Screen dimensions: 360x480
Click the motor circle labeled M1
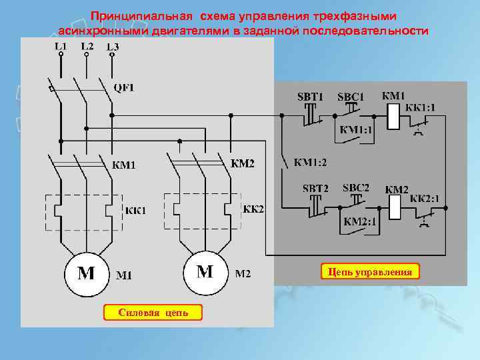87,273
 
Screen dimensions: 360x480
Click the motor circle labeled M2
205,272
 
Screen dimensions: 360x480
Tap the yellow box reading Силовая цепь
153,312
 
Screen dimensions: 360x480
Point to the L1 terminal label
61,47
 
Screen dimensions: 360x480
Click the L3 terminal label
113,47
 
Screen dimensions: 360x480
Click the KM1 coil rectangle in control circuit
393,117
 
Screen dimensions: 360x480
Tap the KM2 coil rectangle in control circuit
393,208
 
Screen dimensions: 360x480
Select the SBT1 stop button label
310,97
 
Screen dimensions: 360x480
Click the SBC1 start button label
351,97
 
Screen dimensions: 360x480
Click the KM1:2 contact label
311,162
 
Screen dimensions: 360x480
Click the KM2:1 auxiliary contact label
360,222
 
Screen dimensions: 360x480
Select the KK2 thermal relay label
253,209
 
